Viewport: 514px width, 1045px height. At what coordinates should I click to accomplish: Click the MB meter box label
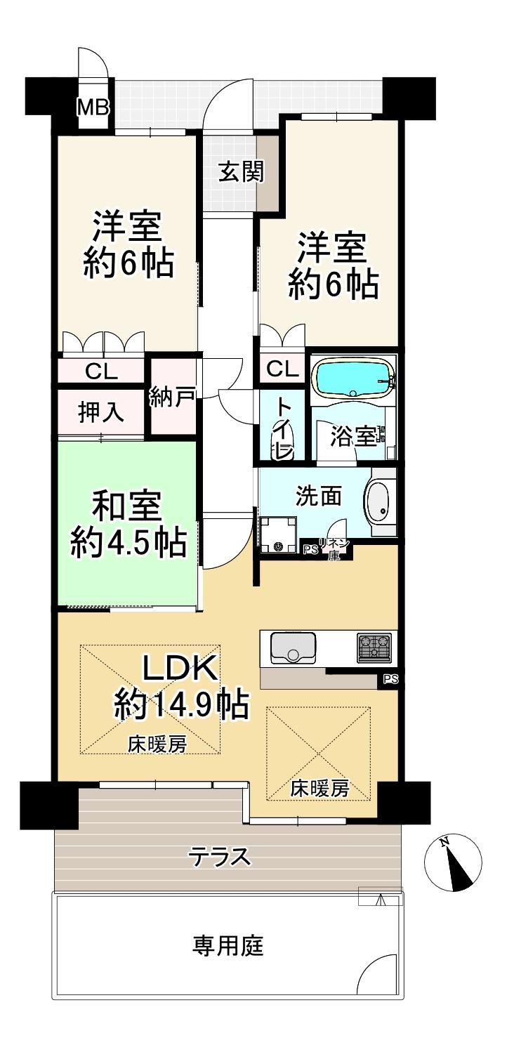point(93,108)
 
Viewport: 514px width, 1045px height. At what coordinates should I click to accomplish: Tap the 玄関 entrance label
point(242,171)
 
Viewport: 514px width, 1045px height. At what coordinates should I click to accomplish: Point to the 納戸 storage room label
point(172,398)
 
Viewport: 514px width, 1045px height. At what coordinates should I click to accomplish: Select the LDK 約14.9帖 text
point(180,685)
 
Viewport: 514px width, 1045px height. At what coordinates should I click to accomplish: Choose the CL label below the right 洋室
point(282,369)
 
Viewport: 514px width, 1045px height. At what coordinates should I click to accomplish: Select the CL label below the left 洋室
point(101,372)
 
